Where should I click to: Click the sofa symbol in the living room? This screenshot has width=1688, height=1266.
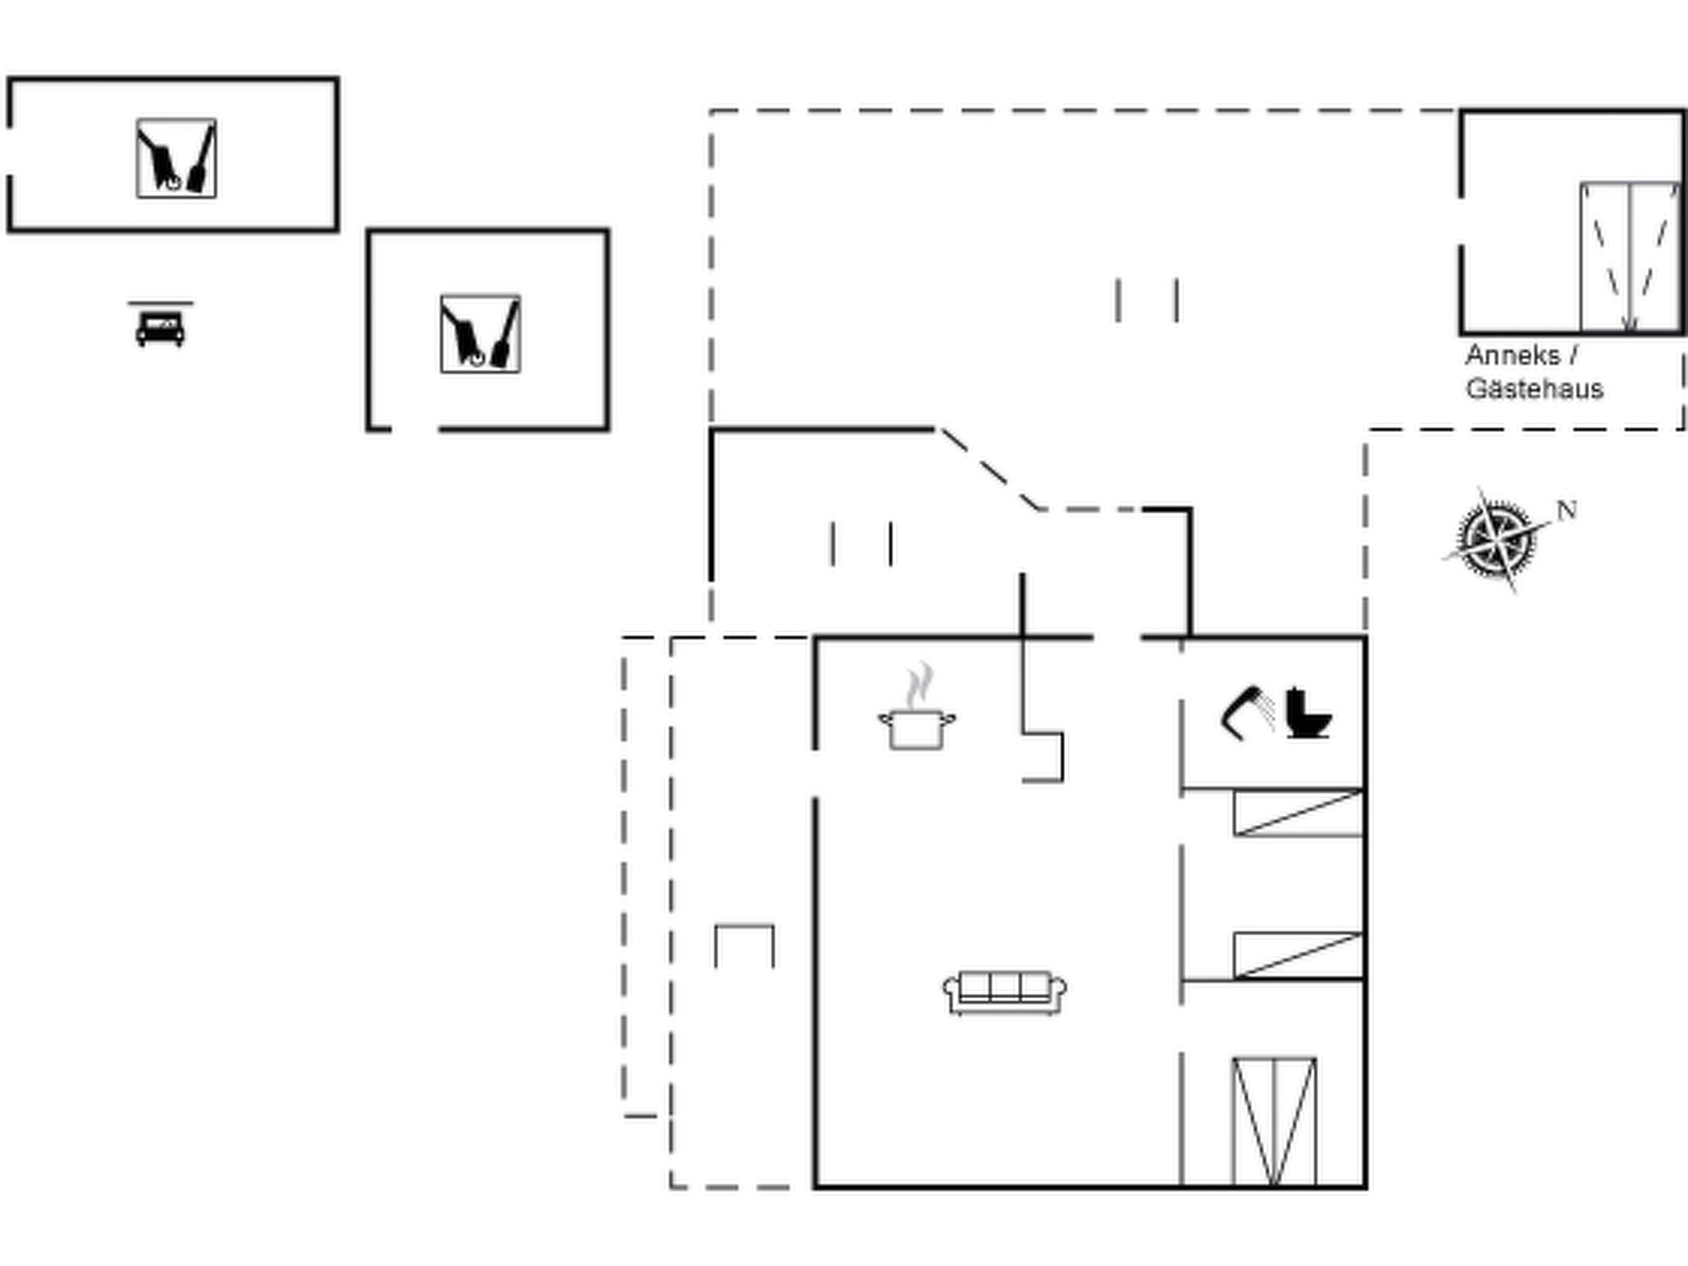click(x=1004, y=992)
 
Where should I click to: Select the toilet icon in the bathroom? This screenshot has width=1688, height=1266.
click(x=1308, y=712)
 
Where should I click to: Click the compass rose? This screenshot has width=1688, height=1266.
click(x=1496, y=540)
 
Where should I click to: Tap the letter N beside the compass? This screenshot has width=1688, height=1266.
click(x=1567, y=510)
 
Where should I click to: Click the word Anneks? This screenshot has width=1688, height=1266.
click(x=1512, y=356)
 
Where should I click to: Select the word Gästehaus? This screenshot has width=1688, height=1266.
click(x=1535, y=388)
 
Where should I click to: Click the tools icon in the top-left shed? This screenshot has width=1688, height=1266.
click(x=176, y=158)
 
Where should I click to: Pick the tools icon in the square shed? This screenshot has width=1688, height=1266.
click(x=481, y=334)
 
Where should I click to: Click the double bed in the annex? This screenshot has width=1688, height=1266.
click(x=1629, y=257)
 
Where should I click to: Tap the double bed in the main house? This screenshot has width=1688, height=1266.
click(x=1274, y=1122)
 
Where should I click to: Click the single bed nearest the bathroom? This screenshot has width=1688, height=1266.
click(x=1298, y=814)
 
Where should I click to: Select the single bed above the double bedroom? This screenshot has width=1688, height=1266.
click(x=1298, y=955)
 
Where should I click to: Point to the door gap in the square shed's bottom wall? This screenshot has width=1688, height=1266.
click(x=414, y=429)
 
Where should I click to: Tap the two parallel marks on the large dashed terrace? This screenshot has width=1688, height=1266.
click(x=1146, y=300)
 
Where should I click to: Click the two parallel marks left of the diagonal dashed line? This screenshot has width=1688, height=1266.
click(x=861, y=544)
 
